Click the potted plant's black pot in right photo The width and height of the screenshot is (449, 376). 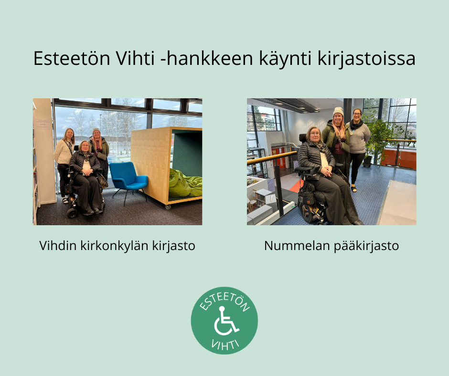pyautogui.click(x=367, y=161)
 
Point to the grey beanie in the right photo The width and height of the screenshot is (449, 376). pyautogui.click(x=338, y=111)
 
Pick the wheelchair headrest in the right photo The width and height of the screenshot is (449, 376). pyautogui.click(x=302, y=137)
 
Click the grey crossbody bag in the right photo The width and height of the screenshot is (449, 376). pyautogui.click(x=344, y=146)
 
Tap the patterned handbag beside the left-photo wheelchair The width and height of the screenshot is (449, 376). pyautogui.click(x=102, y=180)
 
